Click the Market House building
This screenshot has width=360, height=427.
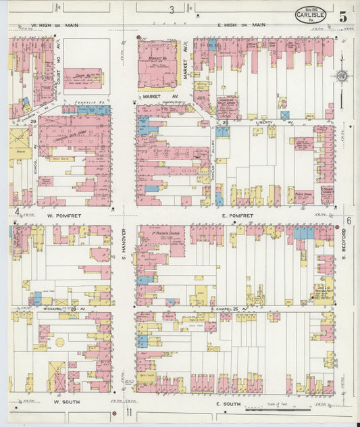point(157,66)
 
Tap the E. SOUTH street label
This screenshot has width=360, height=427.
point(228,403)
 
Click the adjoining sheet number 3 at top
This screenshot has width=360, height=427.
point(172,10)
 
